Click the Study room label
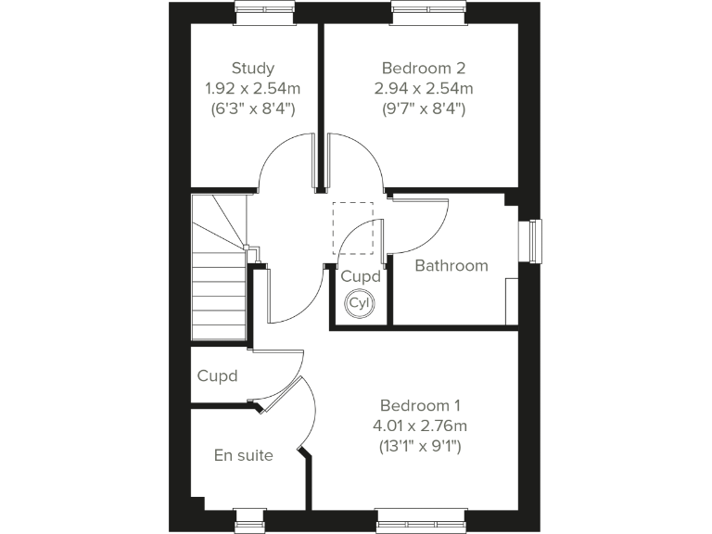coord(253,68)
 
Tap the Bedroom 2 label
coord(423,68)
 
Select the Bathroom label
coord(451,266)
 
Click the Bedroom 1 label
coord(420,405)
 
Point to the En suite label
coord(243,455)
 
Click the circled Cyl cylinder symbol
coord(358,302)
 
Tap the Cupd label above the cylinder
coord(360,276)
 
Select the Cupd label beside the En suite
coord(217,376)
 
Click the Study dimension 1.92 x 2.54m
coord(253,88)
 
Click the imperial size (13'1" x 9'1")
coord(420,446)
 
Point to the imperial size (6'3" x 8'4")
coord(253,108)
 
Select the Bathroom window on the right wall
coord(533,242)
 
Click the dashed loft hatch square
coord(352,227)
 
